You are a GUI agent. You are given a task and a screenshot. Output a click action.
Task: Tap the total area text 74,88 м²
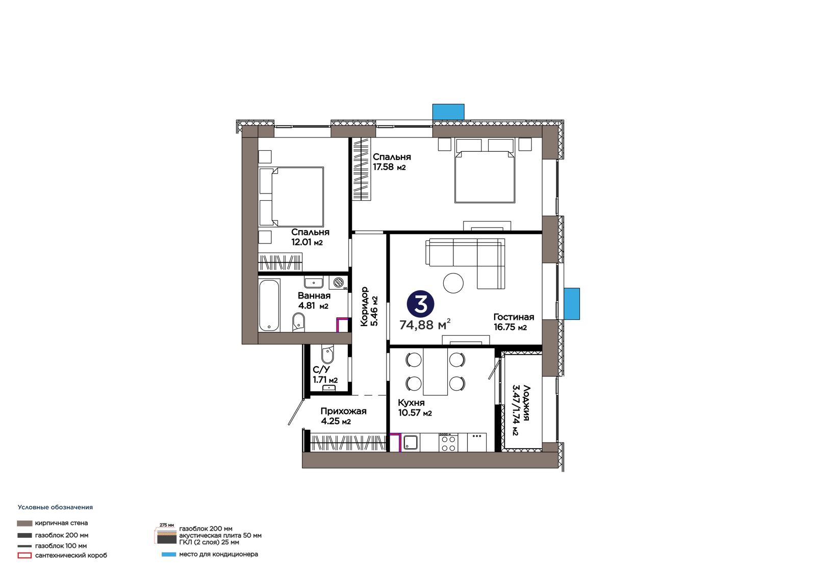(425, 324)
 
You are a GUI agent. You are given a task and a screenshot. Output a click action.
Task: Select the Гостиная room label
(514, 317)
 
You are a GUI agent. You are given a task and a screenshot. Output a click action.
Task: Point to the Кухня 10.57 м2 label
(415, 408)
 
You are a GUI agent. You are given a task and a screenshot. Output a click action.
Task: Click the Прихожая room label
(343, 411)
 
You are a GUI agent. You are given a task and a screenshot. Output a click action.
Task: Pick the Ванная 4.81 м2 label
(314, 300)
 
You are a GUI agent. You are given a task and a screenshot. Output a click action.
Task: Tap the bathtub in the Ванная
(269, 305)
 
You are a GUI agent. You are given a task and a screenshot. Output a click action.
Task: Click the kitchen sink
(410, 443)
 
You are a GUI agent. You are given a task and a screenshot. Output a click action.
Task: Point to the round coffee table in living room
(453, 283)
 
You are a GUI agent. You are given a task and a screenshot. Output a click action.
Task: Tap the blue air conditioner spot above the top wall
(448, 112)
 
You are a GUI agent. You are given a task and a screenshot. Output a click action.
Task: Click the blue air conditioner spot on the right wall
(572, 304)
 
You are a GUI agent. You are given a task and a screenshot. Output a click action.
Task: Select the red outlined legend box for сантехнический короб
(24, 556)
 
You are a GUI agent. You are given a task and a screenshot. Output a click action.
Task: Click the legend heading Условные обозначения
(56, 507)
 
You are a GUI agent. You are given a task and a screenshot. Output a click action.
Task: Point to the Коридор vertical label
(365, 307)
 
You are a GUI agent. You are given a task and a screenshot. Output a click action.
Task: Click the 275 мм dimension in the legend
(166, 525)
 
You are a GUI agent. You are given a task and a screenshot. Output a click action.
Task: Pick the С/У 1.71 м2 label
(325, 375)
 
